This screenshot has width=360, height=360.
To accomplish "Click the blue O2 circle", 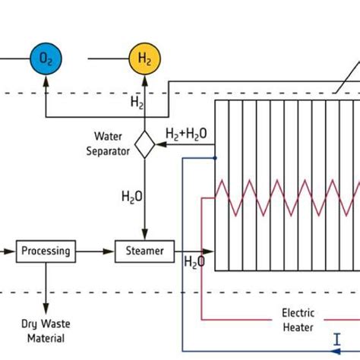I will pos(46,58).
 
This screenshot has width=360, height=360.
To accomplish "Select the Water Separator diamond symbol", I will pos(144,144).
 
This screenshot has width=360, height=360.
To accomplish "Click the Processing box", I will pos(46,251).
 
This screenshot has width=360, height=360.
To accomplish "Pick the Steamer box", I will pos(144,251).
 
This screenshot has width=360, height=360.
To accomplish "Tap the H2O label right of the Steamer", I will pos(194,263).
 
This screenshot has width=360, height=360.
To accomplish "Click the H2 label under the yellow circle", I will pos(136,101).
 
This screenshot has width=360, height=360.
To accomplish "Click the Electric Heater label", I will pos(298,319).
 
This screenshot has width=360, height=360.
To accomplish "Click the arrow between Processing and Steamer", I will pos(95,251).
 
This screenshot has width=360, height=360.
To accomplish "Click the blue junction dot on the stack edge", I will pos(215,159).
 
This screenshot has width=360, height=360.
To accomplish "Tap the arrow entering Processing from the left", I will pos(10,251).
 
